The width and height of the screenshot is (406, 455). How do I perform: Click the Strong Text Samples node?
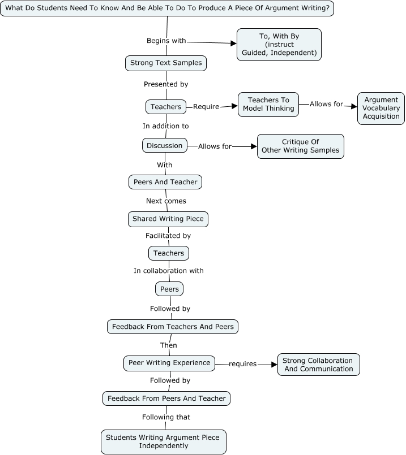[x=166, y=63]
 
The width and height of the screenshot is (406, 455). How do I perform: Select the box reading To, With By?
[x=279, y=45]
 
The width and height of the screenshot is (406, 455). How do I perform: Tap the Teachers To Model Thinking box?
[x=268, y=105]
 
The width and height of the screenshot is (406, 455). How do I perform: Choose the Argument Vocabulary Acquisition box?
[x=381, y=109]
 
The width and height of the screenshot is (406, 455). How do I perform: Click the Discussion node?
[x=165, y=145]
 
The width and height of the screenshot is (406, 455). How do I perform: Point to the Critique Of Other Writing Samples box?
[x=300, y=146]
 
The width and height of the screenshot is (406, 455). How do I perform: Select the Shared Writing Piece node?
[x=168, y=219]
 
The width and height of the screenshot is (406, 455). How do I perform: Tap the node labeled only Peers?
[x=169, y=289]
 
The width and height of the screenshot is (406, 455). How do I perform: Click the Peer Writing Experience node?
[x=169, y=363]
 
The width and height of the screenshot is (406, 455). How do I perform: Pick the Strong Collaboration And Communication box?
[x=318, y=365]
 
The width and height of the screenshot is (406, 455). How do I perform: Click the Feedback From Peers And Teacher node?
[x=166, y=398]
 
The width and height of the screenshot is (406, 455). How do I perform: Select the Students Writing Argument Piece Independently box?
[x=164, y=441]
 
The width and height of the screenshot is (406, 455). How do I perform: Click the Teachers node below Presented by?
[x=166, y=106]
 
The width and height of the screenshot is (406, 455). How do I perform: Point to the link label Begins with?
[x=166, y=41]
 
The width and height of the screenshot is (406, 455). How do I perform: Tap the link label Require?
[x=206, y=106]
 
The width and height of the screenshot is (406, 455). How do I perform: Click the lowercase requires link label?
[x=242, y=364]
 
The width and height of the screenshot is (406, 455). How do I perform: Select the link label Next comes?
[x=166, y=201]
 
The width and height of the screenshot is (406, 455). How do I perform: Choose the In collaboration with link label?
[x=168, y=271]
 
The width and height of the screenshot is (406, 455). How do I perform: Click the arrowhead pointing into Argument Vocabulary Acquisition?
[x=354, y=106]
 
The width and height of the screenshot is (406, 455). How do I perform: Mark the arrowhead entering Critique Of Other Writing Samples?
[x=253, y=146]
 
